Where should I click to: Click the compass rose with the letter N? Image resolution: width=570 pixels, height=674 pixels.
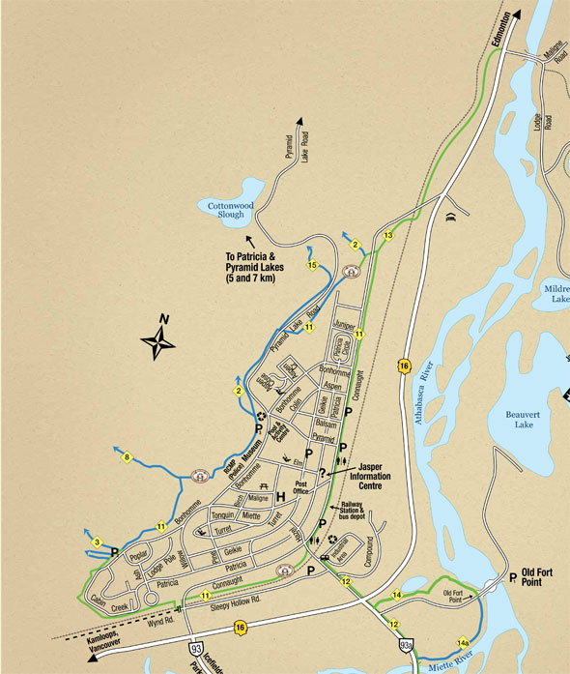point(160,337)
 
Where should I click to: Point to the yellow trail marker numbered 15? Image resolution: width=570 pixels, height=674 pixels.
point(312,264)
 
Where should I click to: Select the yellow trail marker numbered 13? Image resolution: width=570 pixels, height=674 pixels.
point(388,235)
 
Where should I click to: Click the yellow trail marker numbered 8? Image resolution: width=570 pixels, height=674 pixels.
point(127,458)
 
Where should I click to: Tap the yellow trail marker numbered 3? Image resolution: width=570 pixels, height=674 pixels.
point(98,542)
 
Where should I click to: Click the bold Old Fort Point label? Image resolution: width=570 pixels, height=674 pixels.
point(536,576)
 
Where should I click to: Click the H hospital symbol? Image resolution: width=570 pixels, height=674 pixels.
point(280,497)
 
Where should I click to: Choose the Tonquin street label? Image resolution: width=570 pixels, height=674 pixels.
point(222,516)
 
